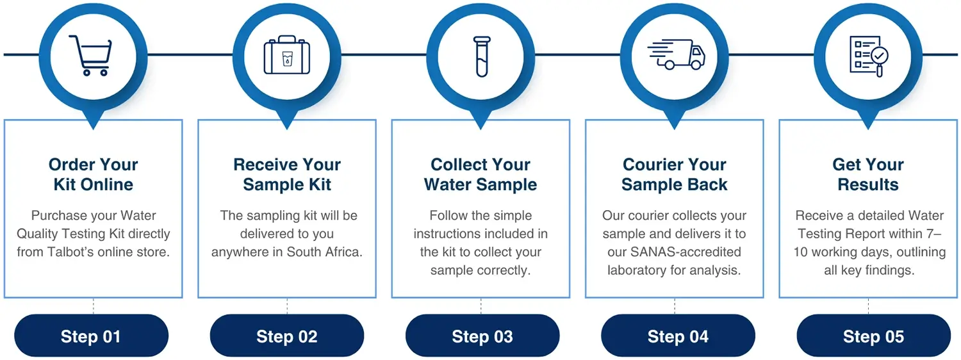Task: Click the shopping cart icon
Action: point(91,56)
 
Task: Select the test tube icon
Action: point(482,56)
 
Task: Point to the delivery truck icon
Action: point(676,54)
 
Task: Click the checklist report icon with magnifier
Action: point(869,56)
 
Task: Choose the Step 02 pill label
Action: point(287,336)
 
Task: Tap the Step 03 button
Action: point(482,336)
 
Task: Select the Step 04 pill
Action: point(678,336)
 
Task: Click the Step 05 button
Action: point(874,336)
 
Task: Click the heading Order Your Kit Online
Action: point(93,174)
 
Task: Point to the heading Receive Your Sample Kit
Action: point(287,174)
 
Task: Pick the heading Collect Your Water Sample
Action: point(481,174)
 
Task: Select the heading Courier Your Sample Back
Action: point(675,174)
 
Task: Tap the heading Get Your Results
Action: point(868,174)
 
